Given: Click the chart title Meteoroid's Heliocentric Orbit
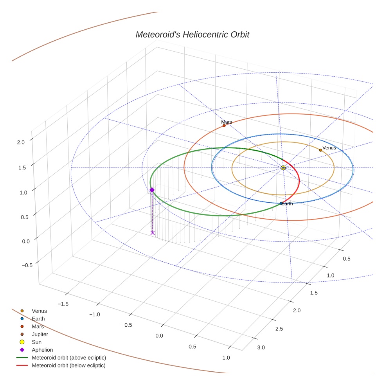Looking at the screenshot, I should pyautogui.click(x=192, y=34).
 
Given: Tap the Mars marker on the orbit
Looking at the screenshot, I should pyautogui.click(x=224, y=126).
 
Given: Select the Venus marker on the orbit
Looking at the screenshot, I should pyautogui.click(x=320, y=150).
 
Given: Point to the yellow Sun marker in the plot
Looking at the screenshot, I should pyautogui.click(x=283, y=167).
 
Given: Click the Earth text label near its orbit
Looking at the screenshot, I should pyautogui.click(x=287, y=203).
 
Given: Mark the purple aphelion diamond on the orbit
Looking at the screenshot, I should pyautogui.click(x=152, y=190).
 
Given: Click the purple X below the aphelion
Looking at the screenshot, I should pyautogui.click(x=153, y=233).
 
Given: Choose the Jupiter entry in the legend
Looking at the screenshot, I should pyautogui.click(x=40, y=334).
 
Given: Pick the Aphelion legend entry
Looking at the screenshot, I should pyautogui.click(x=42, y=350).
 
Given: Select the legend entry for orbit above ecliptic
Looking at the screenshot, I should pyautogui.click(x=68, y=358).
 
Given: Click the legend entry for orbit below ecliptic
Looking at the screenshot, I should pyautogui.click(x=68, y=365).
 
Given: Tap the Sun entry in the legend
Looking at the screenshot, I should pyautogui.click(x=36, y=342).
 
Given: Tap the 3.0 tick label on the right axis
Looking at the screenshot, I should pyautogui.click(x=261, y=347).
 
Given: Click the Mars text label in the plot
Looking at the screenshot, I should pyautogui.click(x=227, y=122).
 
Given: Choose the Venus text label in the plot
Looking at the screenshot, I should pyautogui.click(x=329, y=148).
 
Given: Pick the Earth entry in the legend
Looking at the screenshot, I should pyautogui.click(x=38, y=318).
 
